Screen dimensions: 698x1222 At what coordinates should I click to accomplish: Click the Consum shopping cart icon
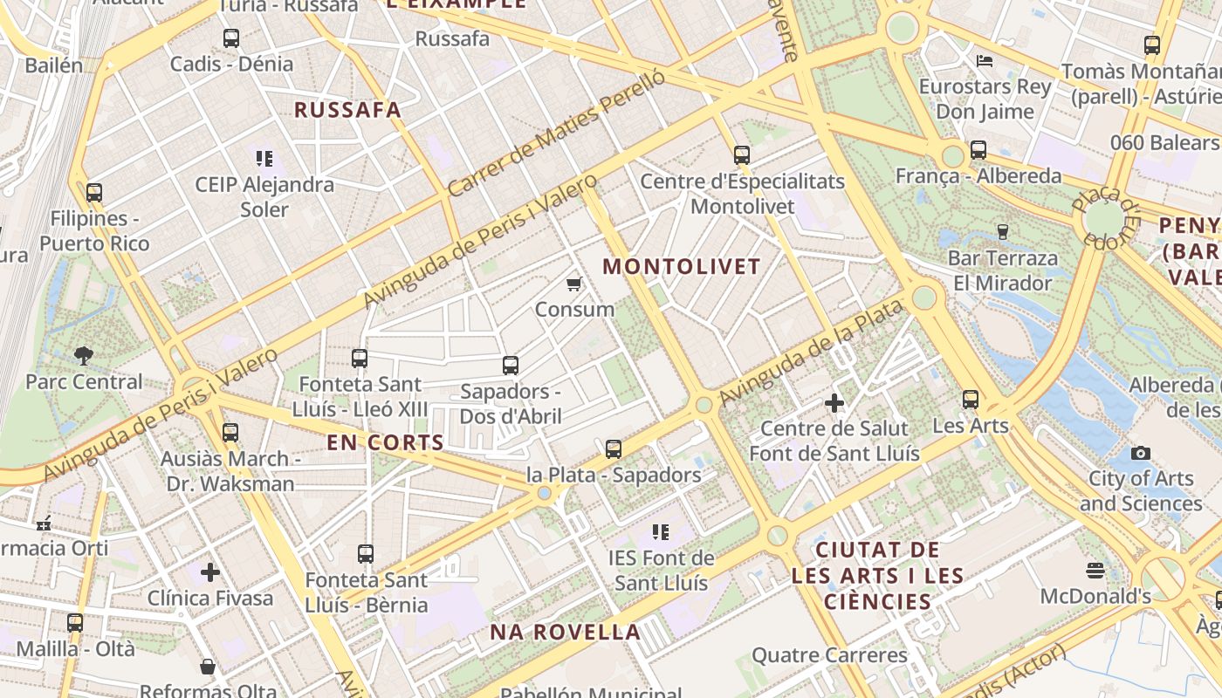574,284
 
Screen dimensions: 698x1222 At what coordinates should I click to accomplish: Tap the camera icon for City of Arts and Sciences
1140,453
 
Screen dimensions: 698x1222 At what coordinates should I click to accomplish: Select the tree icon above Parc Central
84,355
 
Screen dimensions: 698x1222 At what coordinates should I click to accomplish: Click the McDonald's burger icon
1095,571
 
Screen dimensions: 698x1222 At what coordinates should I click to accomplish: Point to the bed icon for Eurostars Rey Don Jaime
985,61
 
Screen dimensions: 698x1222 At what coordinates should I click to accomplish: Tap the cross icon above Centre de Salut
834,403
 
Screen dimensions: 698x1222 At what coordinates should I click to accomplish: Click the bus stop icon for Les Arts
971,400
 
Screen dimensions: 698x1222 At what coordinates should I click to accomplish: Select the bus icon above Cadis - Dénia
230,38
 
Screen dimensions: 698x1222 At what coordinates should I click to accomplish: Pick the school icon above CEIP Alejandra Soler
264,158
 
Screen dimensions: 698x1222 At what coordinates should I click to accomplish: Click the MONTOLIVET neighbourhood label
682,267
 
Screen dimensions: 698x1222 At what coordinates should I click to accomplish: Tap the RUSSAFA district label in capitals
347,110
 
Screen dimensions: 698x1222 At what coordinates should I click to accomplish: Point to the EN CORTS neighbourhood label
386,442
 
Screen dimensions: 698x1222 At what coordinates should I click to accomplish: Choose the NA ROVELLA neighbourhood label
565,632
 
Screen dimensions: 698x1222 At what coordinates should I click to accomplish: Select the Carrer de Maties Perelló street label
556,132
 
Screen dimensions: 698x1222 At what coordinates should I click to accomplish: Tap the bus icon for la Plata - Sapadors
614,449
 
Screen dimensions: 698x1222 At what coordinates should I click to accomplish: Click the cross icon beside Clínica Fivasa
210,572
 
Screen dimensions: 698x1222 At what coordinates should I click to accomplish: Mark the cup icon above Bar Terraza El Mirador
1002,231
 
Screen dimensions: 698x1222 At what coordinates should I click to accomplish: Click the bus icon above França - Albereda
978,150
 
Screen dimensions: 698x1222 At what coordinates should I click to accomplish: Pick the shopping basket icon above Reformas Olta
208,667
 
